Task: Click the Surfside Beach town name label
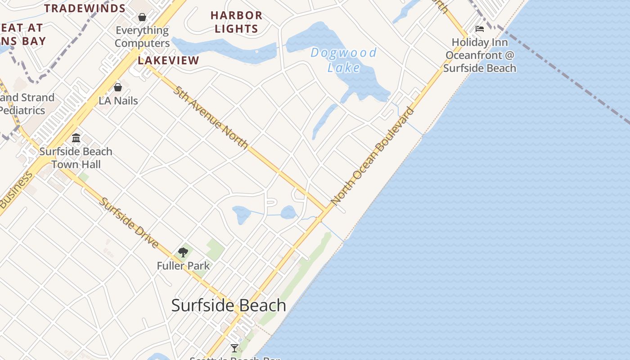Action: pyautogui.click(x=229, y=306)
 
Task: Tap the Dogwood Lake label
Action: pyautogui.click(x=344, y=60)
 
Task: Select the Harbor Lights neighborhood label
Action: pyautogui.click(x=236, y=22)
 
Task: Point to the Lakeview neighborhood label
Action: pyautogui.click(x=168, y=61)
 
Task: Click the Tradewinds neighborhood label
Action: pyautogui.click(x=85, y=9)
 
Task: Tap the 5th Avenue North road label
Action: pyautogui.click(x=211, y=117)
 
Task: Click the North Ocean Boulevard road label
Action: pyautogui.click(x=372, y=156)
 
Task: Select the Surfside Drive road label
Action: pyautogui.click(x=129, y=223)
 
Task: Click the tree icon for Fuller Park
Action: pyautogui.click(x=183, y=252)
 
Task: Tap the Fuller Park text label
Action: pyautogui.click(x=183, y=266)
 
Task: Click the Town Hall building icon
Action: pyautogui.click(x=76, y=138)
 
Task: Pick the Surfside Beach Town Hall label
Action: pyautogui.click(x=76, y=158)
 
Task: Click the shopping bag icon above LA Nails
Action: pyautogui.click(x=118, y=87)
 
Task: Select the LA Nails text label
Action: pyautogui.click(x=118, y=100)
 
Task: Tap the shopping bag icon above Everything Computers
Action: pyautogui.click(x=142, y=17)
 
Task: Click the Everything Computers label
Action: pyautogui.click(x=142, y=37)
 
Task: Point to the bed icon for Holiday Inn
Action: pyautogui.click(x=480, y=29)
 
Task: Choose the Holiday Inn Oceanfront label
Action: pyautogui.click(x=480, y=55)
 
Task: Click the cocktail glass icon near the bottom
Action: pyautogui.click(x=234, y=348)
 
